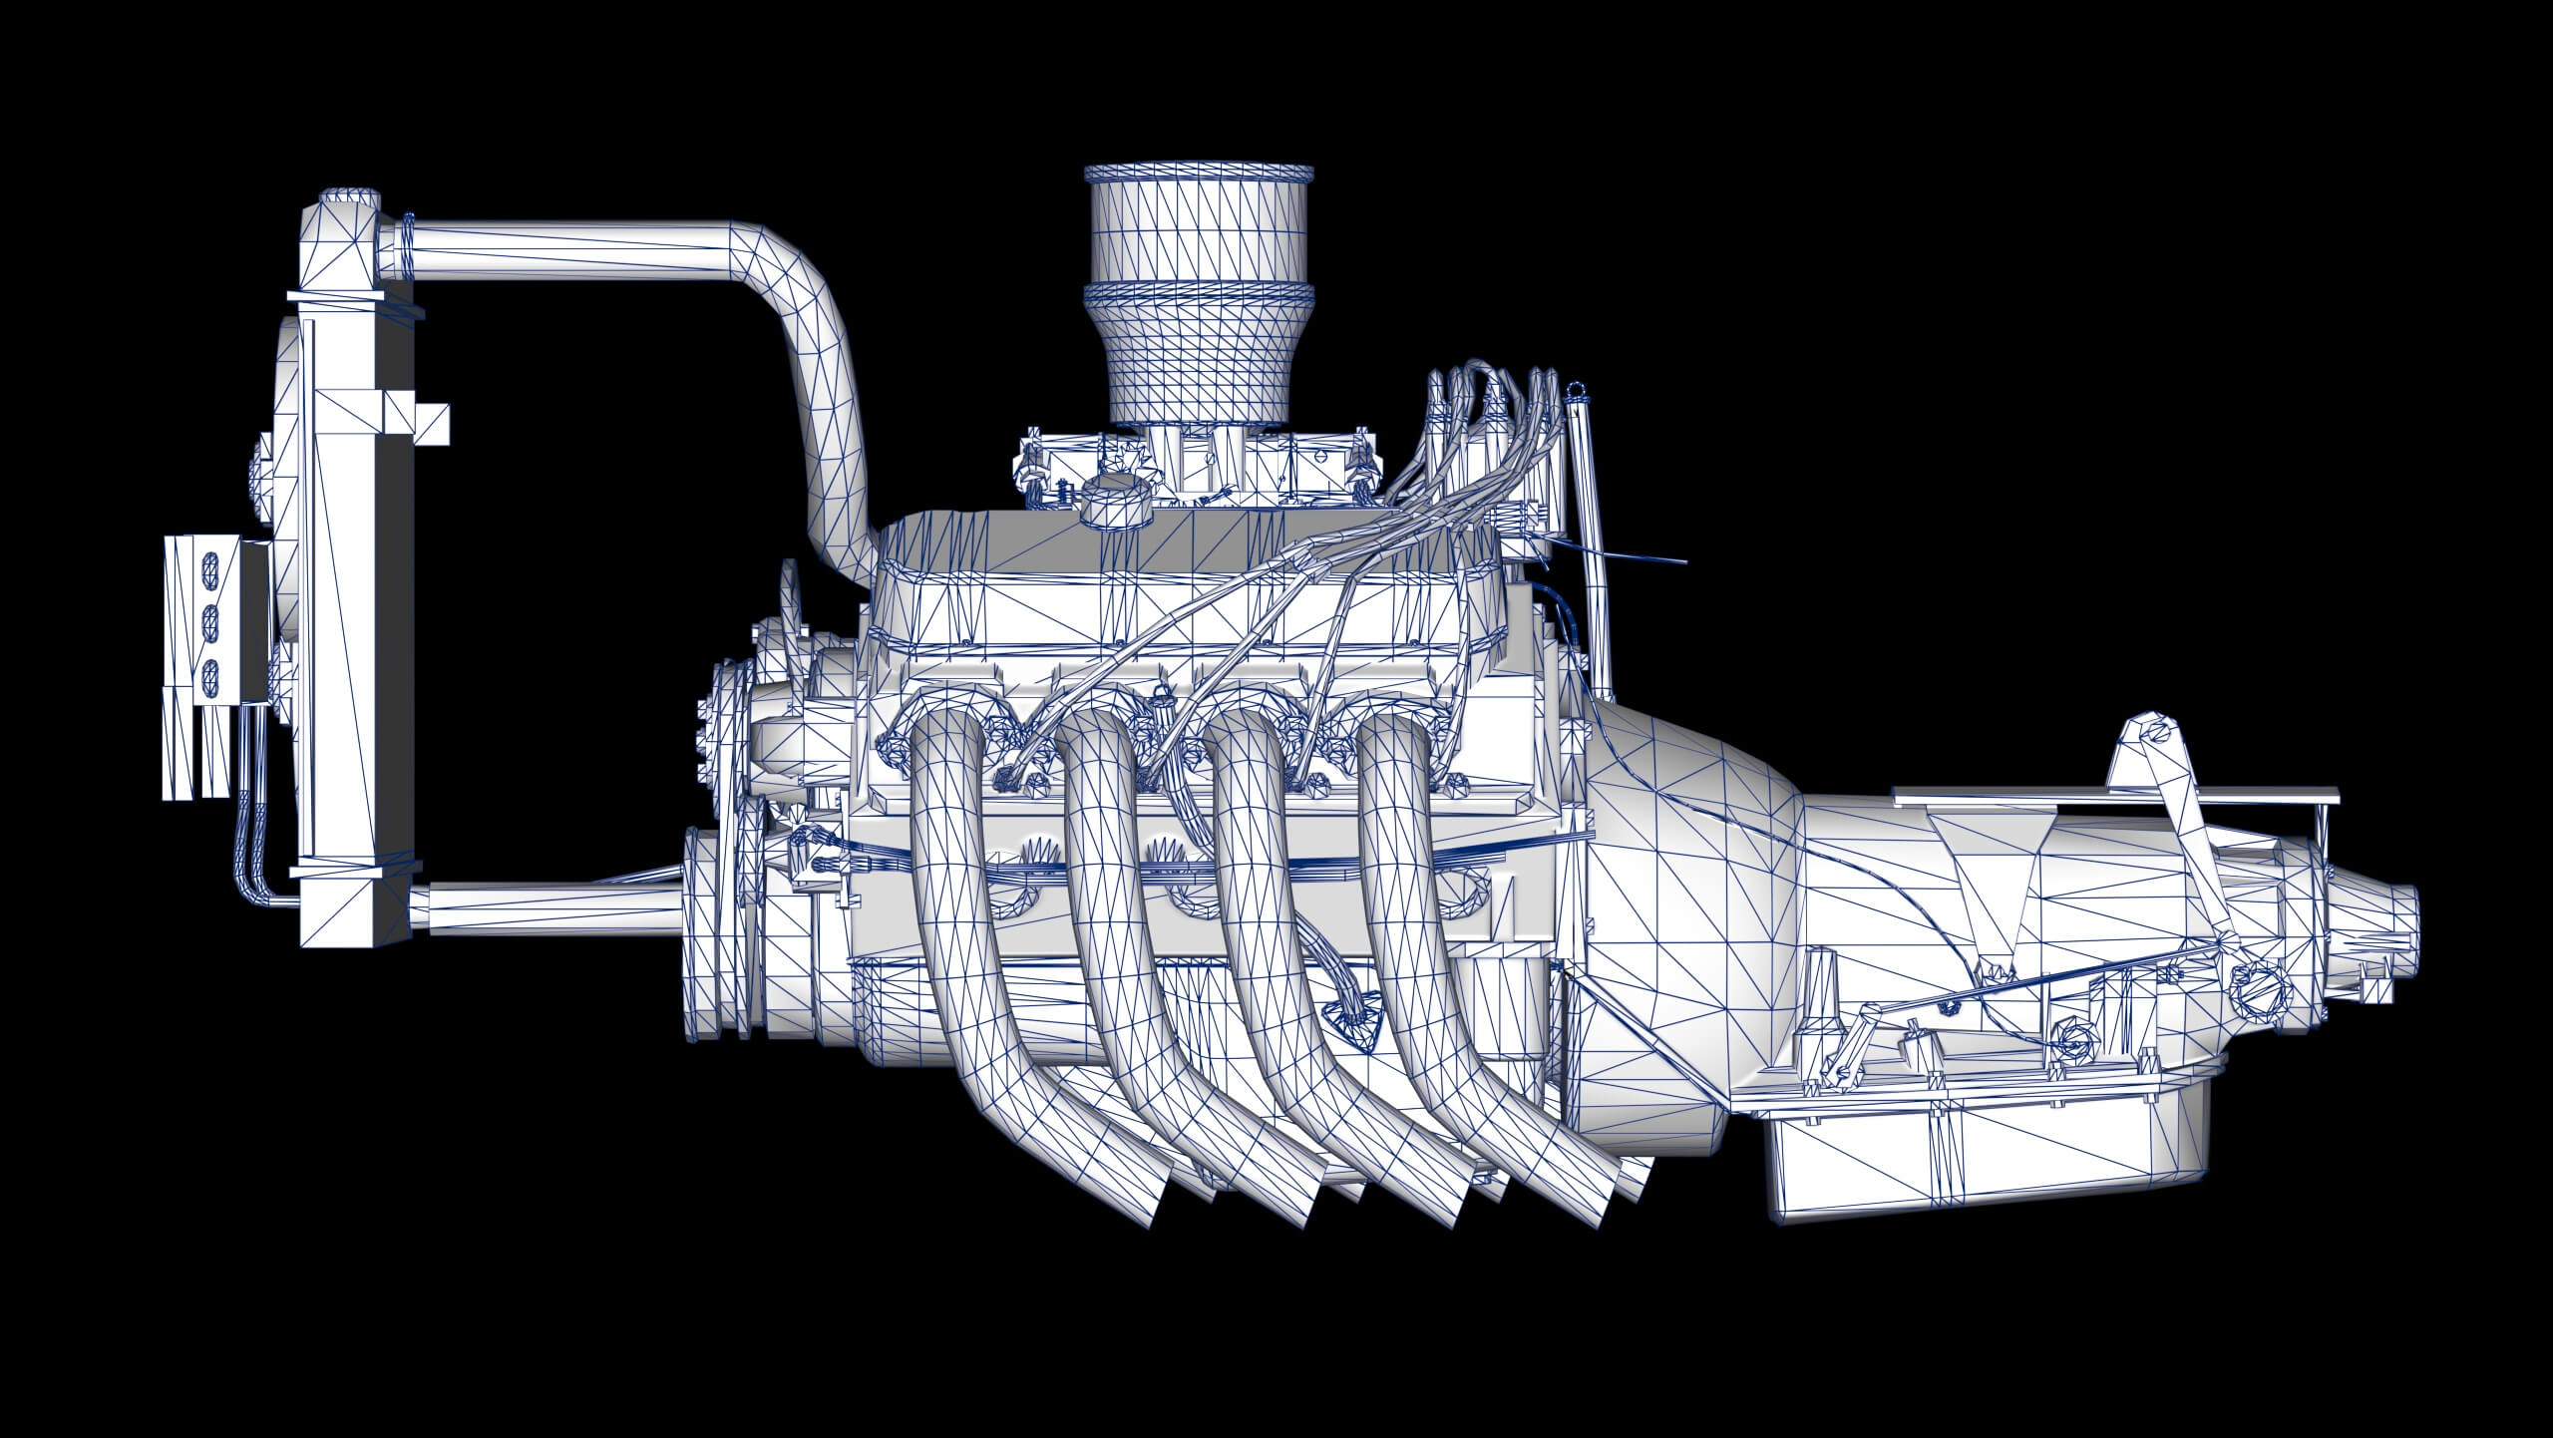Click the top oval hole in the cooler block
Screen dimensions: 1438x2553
[x=210, y=569]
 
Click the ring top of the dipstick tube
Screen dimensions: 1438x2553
[x=1575, y=390]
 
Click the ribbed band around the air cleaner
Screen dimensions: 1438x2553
[x=1197, y=295]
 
